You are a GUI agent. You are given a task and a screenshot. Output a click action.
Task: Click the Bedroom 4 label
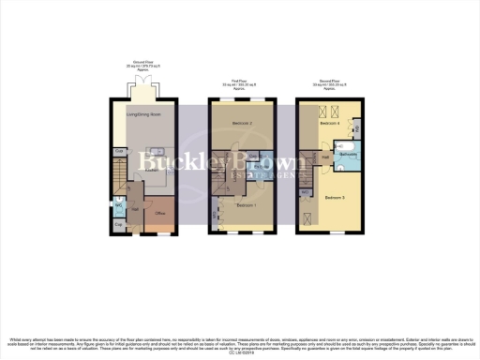(328, 124)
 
